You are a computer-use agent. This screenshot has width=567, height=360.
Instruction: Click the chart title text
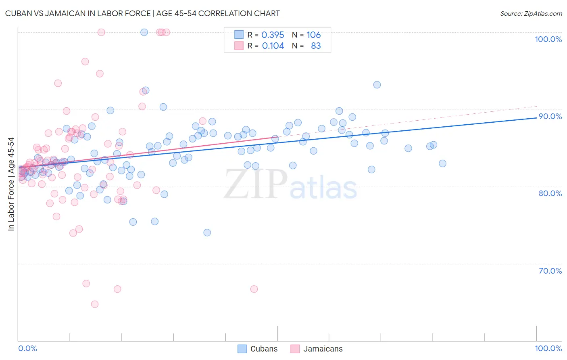coord(142,13)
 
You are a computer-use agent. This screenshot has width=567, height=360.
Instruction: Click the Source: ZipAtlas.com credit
coord(531,13)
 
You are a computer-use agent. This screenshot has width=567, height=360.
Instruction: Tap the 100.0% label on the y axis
coord(548,39)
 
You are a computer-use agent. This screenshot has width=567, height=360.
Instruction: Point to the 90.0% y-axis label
coord(550,116)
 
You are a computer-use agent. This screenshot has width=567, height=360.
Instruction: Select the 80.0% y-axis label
coord(550,193)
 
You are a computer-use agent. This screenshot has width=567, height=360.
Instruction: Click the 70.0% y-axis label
coord(550,271)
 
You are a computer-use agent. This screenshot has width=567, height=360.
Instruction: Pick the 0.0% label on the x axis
coord(27,348)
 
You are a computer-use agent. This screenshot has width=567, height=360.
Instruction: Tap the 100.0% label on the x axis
coord(548,348)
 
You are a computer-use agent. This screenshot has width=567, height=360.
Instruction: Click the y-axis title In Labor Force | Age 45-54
coord(11,184)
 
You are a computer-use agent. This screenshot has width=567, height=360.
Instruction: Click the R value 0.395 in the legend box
coord(273,35)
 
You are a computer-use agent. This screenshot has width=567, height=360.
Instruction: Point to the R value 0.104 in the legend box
coord(273,46)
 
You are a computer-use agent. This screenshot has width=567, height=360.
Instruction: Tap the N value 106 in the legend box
coord(313,35)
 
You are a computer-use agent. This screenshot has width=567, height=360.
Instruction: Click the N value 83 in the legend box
coord(316,46)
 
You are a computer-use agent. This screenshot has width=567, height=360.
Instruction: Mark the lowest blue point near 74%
coord(207,232)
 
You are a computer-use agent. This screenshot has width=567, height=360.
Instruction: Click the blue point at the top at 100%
coord(144,32)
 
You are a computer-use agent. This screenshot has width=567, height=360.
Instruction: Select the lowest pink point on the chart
coord(95,304)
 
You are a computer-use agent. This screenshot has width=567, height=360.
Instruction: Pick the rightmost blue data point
coord(442,163)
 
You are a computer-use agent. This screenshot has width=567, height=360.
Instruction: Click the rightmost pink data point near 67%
coord(254,289)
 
